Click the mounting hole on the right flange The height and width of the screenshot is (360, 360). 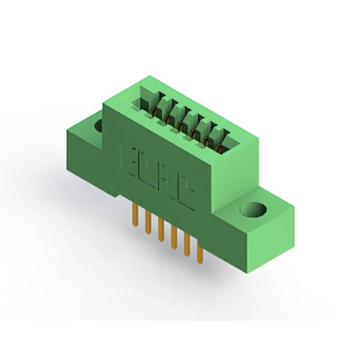[x=254, y=210]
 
